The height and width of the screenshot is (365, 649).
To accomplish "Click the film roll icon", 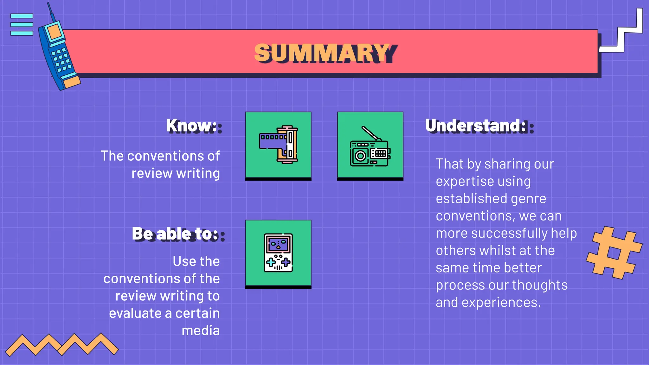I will pyautogui.click(x=278, y=145).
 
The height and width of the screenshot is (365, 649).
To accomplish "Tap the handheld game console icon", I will pyautogui.click(x=278, y=253).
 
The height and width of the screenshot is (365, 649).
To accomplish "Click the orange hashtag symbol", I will pyautogui.click(x=614, y=253).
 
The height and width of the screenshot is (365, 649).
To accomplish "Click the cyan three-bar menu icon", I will pyautogui.click(x=22, y=24).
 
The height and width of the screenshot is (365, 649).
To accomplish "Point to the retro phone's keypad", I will pyautogui.click(x=61, y=59).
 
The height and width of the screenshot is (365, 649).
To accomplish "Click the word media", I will pyautogui.click(x=201, y=331).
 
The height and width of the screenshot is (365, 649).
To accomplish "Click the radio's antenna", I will pyautogui.click(x=369, y=133).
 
